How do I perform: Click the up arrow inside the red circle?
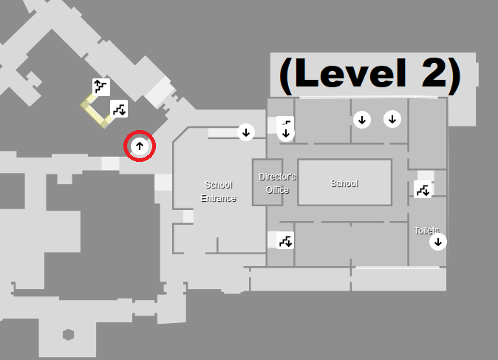click(x=140, y=146)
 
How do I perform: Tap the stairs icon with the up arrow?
click(x=100, y=87)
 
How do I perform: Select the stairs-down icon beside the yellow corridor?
click(x=119, y=110)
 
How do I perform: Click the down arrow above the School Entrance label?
click(x=246, y=132)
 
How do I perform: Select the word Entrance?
click(x=219, y=198)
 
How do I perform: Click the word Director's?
click(x=278, y=177)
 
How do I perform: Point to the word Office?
click(x=278, y=190)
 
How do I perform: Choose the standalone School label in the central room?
click(x=344, y=183)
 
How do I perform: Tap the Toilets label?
click(x=426, y=231)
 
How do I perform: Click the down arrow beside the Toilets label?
click(x=438, y=242)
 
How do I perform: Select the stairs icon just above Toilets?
click(x=423, y=189)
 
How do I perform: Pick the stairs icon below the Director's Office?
click(x=285, y=240)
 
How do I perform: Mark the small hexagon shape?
click(x=69, y=335)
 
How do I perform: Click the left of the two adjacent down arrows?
click(x=361, y=119)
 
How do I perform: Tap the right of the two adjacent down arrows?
click(x=392, y=118)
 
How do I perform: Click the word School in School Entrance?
click(x=219, y=185)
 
